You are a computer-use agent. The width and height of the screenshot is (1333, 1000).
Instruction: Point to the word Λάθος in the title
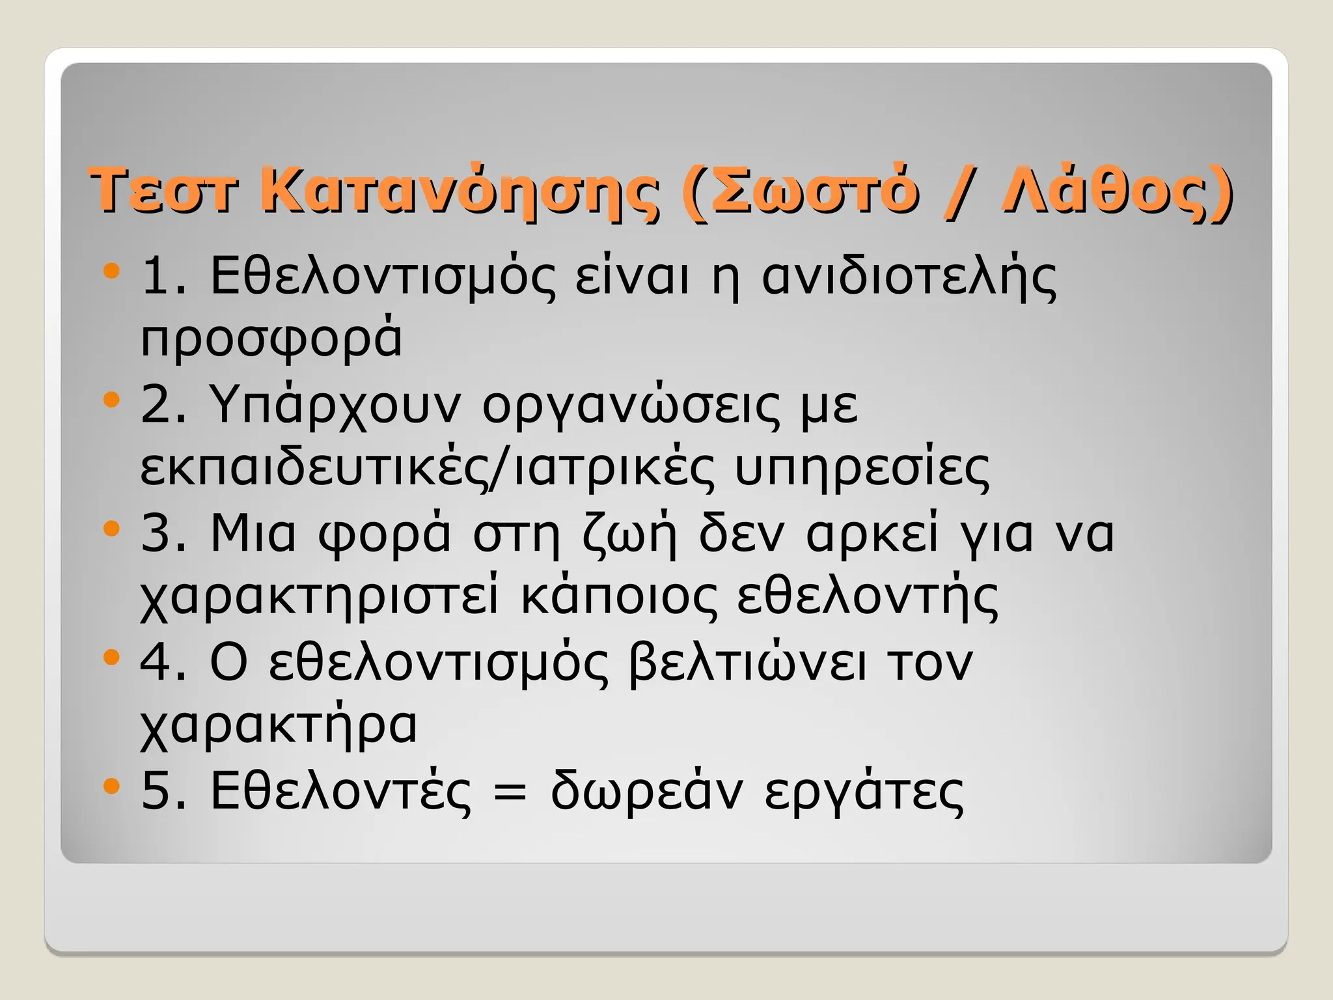pyautogui.click(x=1106, y=190)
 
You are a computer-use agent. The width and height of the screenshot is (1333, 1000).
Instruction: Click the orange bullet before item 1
pyautogui.click(x=112, y=270)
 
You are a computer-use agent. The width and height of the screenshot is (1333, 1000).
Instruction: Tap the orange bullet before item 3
pyautogui.click(x=112, y=528)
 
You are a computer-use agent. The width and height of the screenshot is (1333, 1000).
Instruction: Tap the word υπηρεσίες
pyautogui.click(x=862, y=467)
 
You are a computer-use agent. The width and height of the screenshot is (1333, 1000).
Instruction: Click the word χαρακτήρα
pyautogui.click(x=279, y=726)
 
